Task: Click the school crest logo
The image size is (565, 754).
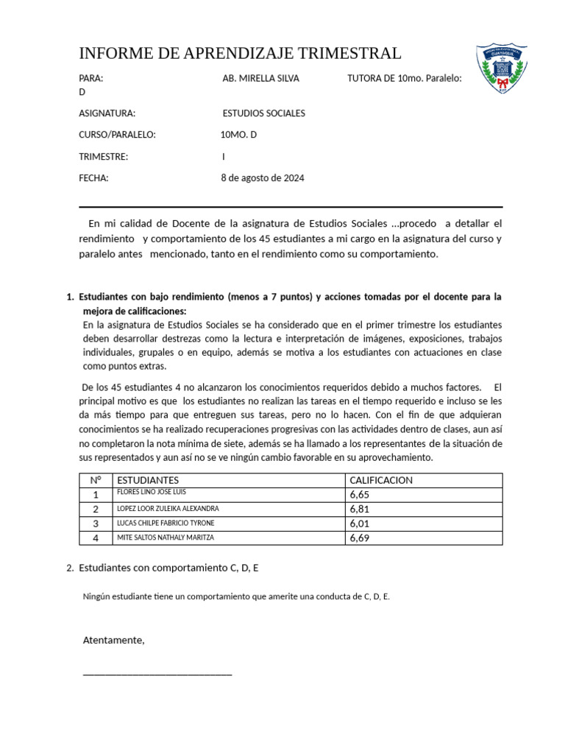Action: pyautogui.click(x=501, y=69)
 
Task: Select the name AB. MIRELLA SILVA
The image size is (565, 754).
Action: pyautogui.click(x=260, y=78)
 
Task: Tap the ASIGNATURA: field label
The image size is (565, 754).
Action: pyautogui.click(x=107, y=113)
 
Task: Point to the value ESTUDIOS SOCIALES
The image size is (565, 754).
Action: pyautogui.click(x=263, y=113)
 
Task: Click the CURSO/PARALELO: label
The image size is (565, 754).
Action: pyautogui.click(x=117, y=135)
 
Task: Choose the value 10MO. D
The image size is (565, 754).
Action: pyautogui.click(x=238, y=135)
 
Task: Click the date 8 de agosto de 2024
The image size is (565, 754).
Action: pyautogui.click(x=262, y=178)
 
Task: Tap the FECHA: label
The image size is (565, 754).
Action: pyautogui.click(x=93, y=178)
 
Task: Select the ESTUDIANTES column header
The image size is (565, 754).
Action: pyautogui.click(x=148, y=480)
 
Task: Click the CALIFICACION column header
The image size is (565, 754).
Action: pyautogui.click(x=381, y=480)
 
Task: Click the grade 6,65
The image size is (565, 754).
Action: pyautogui.click(x=360, y=495)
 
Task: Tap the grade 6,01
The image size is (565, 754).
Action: pyautogui.click(x=360, y=524)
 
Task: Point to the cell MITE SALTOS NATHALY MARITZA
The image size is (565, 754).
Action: pyautogui.click(x=166, y=538)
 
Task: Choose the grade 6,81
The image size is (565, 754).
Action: pyautogui.click(x=360, y=509)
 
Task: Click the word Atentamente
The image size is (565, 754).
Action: pyautogui.click(x=113, y=640)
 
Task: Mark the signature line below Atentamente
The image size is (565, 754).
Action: pyautogui.click(x=157, y=673)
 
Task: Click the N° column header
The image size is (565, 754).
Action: pyautogui.click(x=96, y=480)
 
